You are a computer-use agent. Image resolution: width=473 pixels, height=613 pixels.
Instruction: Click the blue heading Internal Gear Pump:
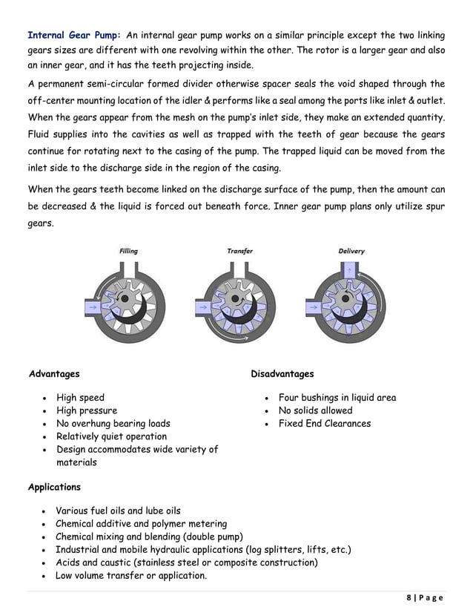pos(74,34)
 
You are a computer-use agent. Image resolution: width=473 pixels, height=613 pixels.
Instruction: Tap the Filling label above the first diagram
pos(128,252)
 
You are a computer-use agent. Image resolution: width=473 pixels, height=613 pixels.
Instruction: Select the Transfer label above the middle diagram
pos(239,252)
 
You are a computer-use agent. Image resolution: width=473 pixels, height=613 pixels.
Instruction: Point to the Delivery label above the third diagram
pos(351,252)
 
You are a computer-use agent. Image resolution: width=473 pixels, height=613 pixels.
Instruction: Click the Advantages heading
pos(53,374)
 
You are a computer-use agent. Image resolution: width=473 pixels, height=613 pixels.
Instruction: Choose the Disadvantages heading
pos(282,374)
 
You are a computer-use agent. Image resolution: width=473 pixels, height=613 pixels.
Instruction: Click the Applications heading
pos(54,488)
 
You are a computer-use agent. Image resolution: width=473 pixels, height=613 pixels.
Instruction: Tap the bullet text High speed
pos(80,398)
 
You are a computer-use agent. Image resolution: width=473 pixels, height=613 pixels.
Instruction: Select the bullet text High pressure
pos(86,410)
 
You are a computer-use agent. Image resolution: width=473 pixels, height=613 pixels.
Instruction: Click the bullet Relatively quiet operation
pos(111,437)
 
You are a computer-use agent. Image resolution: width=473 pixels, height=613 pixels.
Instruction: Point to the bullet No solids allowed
pos(315,410)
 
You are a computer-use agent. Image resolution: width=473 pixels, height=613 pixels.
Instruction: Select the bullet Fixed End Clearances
pos(324,424)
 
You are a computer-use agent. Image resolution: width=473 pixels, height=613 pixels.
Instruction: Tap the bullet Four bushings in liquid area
pos(337,398)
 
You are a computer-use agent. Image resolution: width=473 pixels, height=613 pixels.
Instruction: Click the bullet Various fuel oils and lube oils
pos(118,511)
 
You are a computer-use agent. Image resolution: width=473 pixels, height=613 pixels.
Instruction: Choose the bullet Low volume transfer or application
pos(131,576)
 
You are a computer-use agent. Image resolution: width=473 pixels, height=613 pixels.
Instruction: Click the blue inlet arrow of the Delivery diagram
pos(314,305)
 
